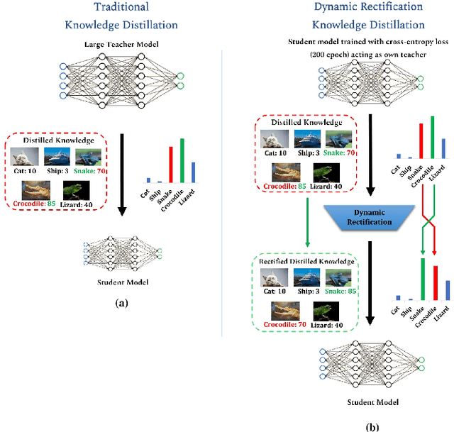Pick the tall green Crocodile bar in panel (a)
coord(182,160)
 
